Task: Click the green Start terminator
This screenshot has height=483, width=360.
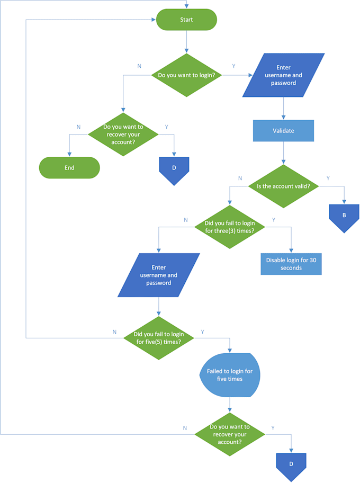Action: (186, 20)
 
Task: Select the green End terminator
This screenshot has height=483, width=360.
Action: (69, 167)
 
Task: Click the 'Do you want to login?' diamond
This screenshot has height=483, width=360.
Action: (186, 75)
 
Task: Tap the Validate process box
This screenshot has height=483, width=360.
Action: (283, 131)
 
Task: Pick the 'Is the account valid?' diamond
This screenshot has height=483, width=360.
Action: (283, 186)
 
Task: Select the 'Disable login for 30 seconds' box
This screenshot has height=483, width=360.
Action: (291, 264)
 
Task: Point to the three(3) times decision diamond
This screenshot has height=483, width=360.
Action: (229, 227)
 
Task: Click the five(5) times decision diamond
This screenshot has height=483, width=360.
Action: (159, 338)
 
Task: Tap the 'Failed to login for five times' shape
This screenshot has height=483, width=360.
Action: (230, 375)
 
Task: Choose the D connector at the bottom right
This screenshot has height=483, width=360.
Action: (291, 465)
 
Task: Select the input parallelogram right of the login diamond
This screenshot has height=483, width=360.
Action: (283, 75)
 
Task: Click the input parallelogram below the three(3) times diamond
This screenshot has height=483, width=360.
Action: (159, 275)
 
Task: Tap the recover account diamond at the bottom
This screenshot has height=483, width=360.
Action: (230, 434)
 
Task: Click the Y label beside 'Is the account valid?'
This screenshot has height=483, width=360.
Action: (328, 178)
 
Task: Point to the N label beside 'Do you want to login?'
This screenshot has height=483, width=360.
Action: (139, 66)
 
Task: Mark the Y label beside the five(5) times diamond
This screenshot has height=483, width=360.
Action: (202, 332)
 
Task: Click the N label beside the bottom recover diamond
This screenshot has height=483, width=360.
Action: (185, 427)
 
